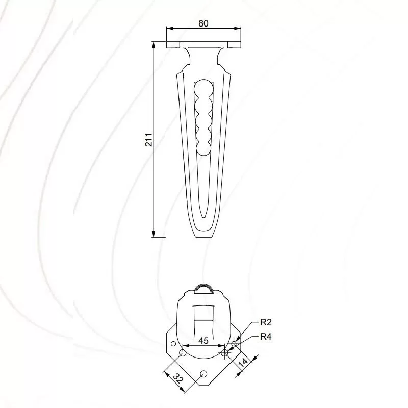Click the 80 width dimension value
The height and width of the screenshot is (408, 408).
point(203,23)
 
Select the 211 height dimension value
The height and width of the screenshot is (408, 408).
point(148,140)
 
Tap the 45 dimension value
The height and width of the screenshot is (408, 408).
point(203,340)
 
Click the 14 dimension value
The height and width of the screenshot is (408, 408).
point(243,363)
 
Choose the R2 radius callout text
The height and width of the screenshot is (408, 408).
point(266,322)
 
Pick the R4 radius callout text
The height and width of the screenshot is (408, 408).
point(266,337)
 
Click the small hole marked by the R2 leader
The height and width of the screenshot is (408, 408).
point(234,344)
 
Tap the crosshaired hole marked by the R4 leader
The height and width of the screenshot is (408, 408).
point(225,353)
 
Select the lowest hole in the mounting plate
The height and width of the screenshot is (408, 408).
point(203,374)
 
